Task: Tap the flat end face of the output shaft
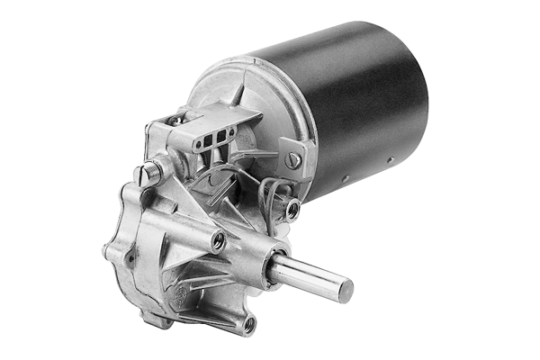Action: (344, 289)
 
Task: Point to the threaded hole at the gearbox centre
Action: (217, 240)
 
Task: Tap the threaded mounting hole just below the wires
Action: (292, 210)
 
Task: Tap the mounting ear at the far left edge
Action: (113, 251)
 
